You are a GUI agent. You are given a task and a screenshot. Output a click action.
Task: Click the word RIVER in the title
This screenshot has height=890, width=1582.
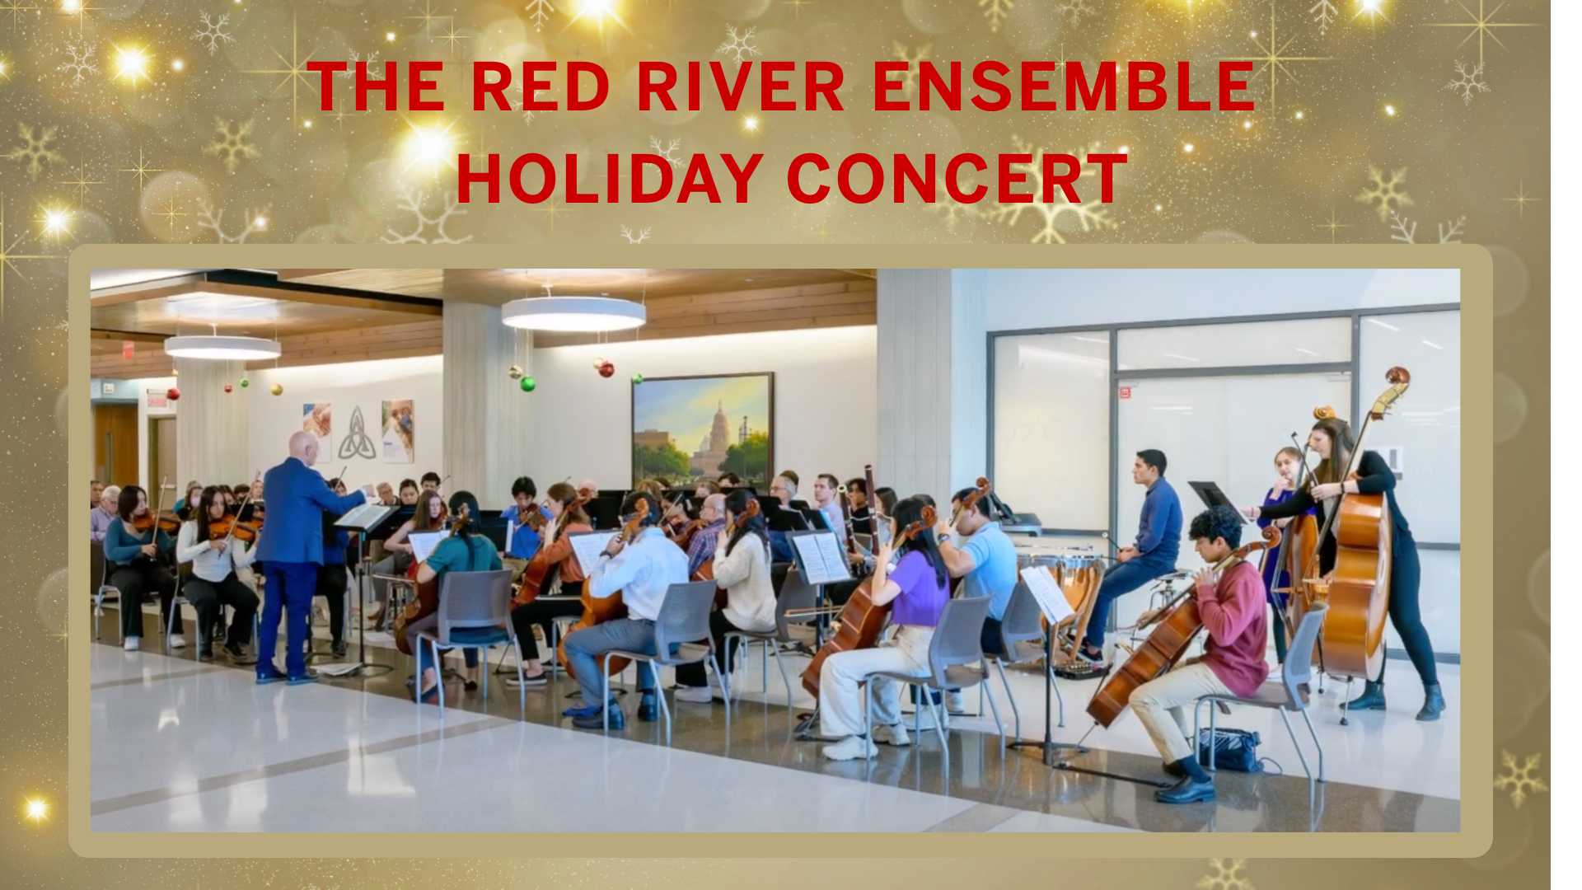741,87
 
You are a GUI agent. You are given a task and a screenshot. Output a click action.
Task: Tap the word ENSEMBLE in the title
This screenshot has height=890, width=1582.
1064,87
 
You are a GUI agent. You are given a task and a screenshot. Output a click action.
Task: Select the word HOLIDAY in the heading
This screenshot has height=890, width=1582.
610,179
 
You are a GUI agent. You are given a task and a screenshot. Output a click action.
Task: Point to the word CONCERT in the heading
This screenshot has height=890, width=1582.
957,179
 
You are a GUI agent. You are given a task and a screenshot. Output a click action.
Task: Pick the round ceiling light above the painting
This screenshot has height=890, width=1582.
573,314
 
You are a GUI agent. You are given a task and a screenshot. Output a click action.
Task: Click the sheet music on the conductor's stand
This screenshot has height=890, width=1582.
363,517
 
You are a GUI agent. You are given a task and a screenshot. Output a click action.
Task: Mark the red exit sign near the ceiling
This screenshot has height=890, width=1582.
128,350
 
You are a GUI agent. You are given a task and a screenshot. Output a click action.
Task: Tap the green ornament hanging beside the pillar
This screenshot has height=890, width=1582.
527,383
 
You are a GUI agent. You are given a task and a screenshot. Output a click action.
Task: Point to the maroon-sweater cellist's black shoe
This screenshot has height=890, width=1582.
1184,792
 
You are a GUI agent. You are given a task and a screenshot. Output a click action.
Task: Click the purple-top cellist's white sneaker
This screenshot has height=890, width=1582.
850,747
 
